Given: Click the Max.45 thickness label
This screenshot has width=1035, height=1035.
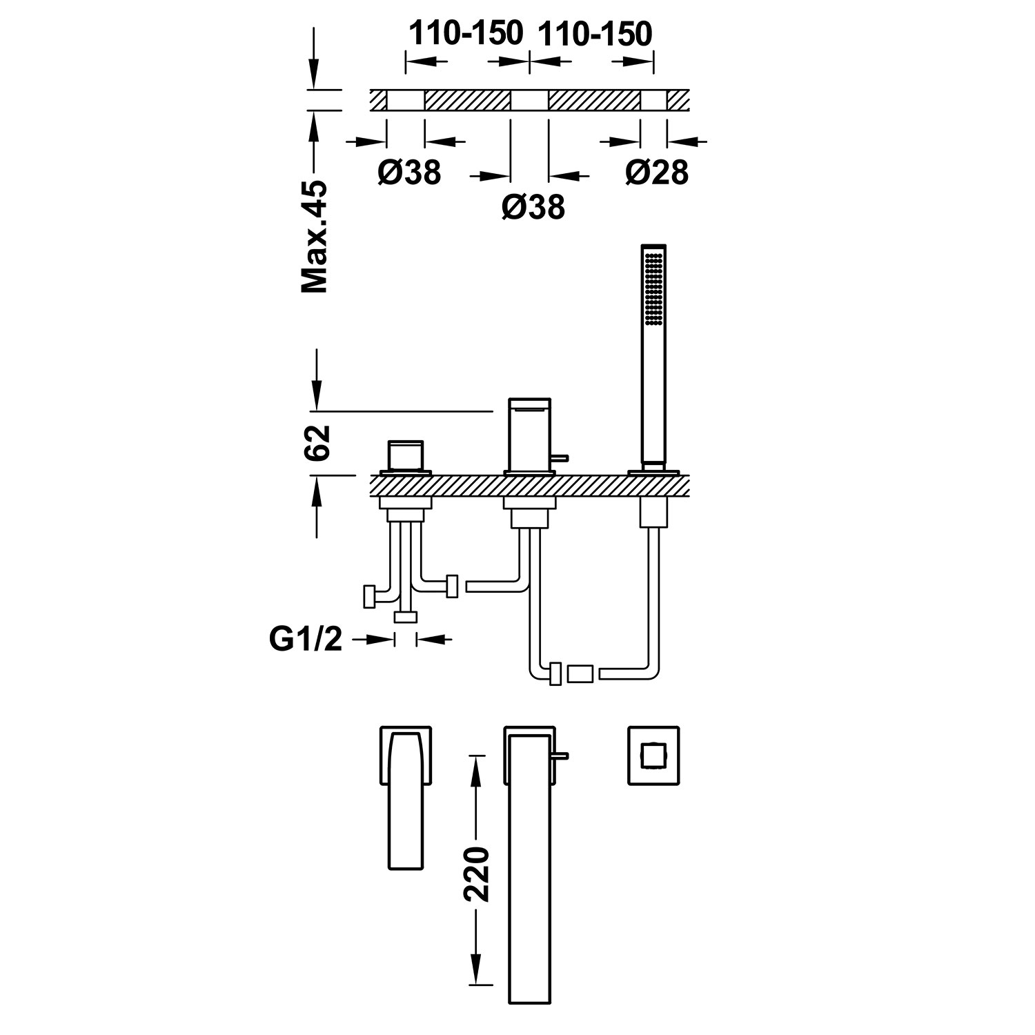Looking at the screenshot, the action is coord(314,237).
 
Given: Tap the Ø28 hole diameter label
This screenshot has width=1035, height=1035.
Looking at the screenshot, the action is coord(657,172).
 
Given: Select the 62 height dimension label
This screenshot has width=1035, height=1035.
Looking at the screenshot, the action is coord(317,442).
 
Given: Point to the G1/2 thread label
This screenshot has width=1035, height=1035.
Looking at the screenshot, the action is coord(306,639).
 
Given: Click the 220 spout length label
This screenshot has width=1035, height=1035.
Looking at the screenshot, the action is coord(475,872).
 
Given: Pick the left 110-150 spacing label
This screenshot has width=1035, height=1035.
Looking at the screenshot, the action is coord(466,33).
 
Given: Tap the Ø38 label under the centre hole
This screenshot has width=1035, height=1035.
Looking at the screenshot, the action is coord(533,206).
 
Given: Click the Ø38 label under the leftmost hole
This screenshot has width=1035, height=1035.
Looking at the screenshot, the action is coord(409,172).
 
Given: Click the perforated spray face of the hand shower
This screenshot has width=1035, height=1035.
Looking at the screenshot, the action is coord(653,287).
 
